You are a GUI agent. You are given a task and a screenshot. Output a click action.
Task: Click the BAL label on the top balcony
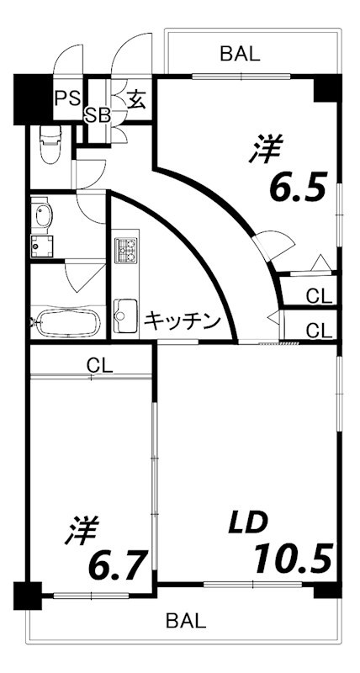click(x=240, y=55)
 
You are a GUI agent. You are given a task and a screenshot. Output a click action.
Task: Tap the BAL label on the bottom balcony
click(x=185, y=622)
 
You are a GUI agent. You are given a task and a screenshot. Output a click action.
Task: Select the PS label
click(x=66, y=98)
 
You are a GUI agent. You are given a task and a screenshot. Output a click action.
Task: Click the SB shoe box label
click(x=98, y=115)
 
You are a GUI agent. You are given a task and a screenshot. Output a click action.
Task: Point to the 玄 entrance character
click(x=136, y=99)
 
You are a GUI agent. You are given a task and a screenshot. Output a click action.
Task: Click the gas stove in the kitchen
click(x=127, y=250)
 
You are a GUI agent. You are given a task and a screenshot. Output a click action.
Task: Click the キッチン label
click(x=182, y=321)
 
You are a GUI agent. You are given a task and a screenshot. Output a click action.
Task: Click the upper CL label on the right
click(x=319, y=295)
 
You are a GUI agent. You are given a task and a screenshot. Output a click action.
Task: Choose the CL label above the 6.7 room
click(x=100, y=366)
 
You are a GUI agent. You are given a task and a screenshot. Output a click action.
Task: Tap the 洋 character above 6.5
click(x=266, y=148)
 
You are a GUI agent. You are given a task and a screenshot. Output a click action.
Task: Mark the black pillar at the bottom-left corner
click(x=28, y=596)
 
